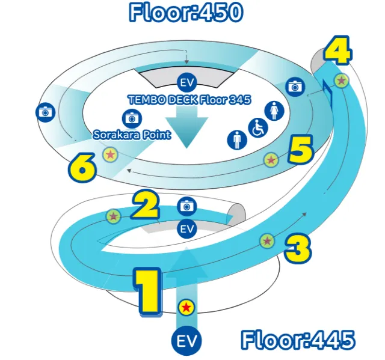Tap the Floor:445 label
coord(298,341)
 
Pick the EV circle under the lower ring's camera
coord(187,228)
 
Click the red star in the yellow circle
coord(186,308)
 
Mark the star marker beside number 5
coord(271,160)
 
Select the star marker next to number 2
coord(113,216)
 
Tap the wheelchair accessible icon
coord(257,128)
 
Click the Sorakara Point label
coord(132,135)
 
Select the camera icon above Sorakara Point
coord(132,118)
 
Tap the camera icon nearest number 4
coord(294,86)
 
